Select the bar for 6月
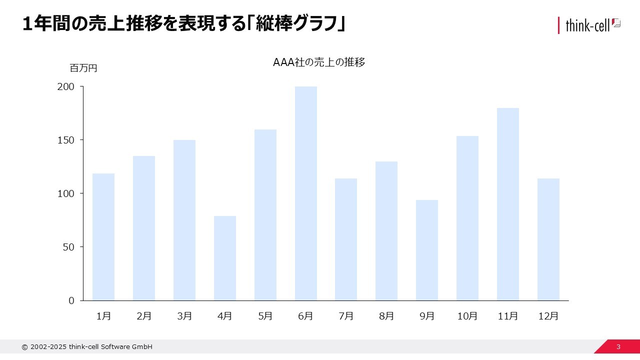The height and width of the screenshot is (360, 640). point(305,193)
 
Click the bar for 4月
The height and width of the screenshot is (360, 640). point(225,258)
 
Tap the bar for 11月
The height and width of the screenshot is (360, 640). point(507,204)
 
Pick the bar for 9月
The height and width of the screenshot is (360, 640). point(427,250)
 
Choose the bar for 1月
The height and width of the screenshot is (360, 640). point(103,237)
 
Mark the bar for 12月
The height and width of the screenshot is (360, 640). point(548,239)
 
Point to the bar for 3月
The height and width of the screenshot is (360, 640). point(184,220)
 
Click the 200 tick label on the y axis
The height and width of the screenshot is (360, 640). point(66,86)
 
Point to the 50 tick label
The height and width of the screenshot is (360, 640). point(68,247)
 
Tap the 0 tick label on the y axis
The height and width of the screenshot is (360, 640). point(71,300)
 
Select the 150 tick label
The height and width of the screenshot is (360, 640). point(66,140)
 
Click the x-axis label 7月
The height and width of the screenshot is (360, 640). point(346,316)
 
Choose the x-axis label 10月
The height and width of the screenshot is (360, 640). point(467,316)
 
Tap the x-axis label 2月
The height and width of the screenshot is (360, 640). point(144,316)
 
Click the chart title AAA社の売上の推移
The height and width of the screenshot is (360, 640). point(319,62)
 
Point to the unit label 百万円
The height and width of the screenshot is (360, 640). point(83,68)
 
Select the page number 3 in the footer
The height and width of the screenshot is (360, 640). point(618,347)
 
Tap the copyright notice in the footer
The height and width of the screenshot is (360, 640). point(87,347)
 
